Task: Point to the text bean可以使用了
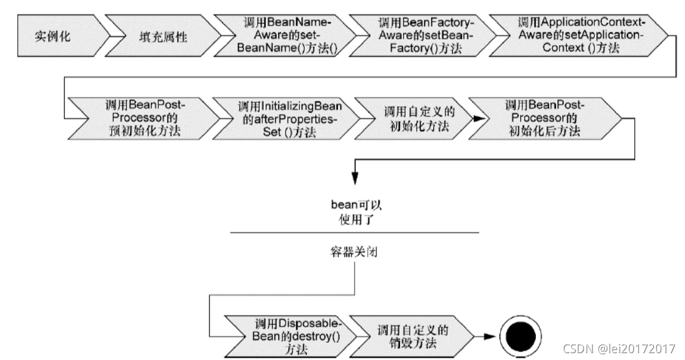point(355,211)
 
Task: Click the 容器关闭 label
point(355,253)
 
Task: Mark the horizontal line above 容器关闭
point(355,233)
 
